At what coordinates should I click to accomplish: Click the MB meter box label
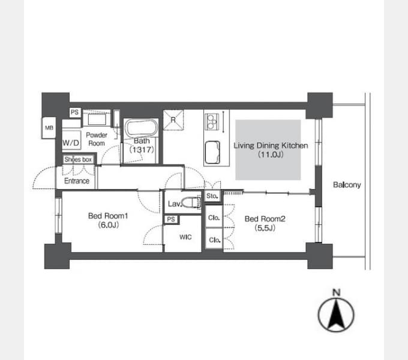click(49, 128)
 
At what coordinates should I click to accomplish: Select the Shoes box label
click(78, 160)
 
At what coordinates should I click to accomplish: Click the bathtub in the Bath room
click(141, 127)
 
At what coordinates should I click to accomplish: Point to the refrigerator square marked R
click(173, 120)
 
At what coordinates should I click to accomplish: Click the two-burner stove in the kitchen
click(212, 121)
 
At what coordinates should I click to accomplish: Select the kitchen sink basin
click(212, 152)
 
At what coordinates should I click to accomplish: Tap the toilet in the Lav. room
click(191, 202)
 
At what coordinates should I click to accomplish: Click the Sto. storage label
click(212, 196)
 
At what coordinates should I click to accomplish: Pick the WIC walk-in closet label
click(185, 237)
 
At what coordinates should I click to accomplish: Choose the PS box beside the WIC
click(171, 219)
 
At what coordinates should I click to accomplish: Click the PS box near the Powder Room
click(74, 112)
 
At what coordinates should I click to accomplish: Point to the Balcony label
click(347, 185)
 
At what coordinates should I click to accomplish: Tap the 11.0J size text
click(271, 155)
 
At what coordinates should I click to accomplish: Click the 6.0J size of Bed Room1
click(108, 225)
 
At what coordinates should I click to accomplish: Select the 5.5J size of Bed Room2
click(265, 228)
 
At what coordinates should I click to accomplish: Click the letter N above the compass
click(337, 292)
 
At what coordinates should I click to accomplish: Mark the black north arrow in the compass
click(337, 314)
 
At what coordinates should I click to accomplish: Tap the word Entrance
click(77, 181)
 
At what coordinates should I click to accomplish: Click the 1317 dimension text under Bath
click(142, 149)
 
